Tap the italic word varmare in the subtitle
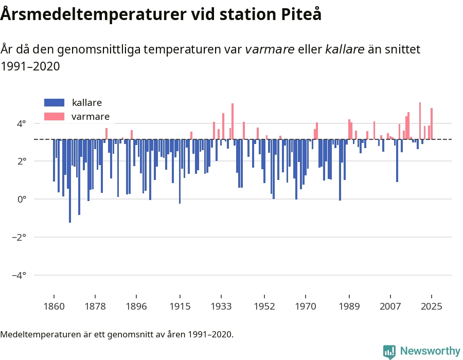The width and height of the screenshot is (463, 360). coord(270,49)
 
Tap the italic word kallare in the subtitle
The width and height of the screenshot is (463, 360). coord(345,49)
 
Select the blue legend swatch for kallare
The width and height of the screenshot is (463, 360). coord(54,102)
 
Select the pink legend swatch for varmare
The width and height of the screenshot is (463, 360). coord(54,117)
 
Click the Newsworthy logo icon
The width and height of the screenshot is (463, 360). coord(389,351)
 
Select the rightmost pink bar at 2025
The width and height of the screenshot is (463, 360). coord(432,123)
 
